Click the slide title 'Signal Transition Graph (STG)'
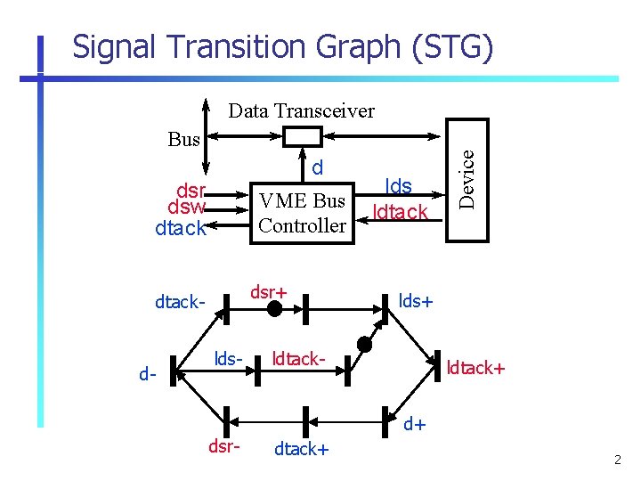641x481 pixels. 281,46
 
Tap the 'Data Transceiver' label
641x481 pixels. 301,111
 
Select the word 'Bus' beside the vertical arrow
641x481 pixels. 184,139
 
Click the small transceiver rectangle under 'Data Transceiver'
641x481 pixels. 302,136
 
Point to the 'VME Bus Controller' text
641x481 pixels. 302,214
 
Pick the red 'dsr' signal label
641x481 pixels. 191,191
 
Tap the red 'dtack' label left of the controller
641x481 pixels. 180,228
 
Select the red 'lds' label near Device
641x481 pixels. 398,186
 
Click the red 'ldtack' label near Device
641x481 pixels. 401,212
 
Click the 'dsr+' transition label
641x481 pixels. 268,291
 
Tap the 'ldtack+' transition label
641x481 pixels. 475,366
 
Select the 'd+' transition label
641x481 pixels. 415,424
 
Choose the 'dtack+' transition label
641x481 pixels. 301,449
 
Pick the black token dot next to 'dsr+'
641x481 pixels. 275,309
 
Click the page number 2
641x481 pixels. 617,460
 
